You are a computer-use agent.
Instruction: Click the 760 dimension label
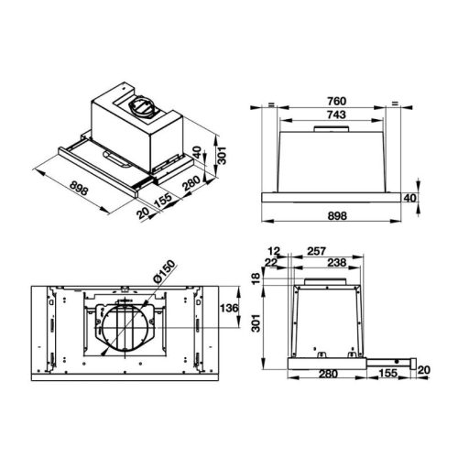point(336,101)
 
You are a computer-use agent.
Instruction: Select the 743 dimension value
point(336,114)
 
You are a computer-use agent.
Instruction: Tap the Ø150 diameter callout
point(165,272)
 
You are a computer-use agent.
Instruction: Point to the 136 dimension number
point(229,308)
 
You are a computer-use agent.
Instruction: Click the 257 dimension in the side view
point(316,251)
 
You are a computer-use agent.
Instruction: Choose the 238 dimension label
point(336,262)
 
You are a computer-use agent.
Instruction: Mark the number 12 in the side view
point(274,251)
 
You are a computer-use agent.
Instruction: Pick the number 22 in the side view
point(271,262)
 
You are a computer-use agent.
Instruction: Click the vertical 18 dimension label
point(256,278)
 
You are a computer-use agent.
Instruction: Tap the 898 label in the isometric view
point(79,188)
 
